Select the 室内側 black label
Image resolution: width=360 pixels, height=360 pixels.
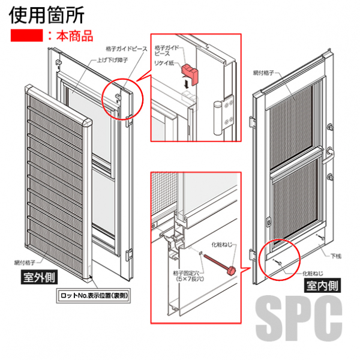[x=322, y=286]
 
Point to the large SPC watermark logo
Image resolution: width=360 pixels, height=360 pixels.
[x=299, y=319]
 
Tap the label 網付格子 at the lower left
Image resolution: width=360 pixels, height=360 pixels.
[x=24, y=262]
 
